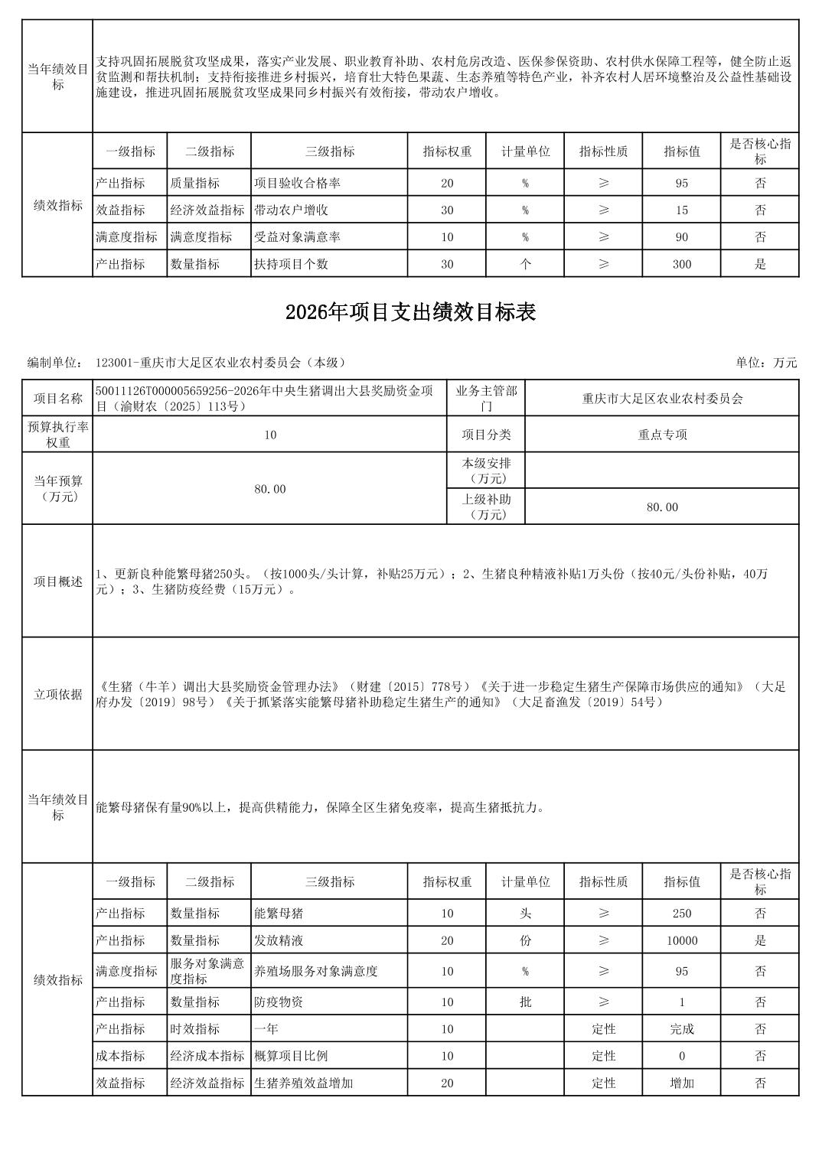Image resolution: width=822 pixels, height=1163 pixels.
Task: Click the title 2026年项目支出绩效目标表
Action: point(410,312)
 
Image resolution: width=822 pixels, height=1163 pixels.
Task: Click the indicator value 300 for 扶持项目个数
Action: point(681,264)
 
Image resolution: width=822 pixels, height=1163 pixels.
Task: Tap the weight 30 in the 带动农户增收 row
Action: point(447,210)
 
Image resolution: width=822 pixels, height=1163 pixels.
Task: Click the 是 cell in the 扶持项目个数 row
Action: point(760,264)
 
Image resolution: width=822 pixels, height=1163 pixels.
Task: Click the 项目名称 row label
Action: point(57,398)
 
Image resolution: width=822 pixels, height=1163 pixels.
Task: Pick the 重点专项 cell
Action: point(662,435)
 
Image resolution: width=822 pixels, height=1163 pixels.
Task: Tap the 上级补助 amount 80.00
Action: point(662,507)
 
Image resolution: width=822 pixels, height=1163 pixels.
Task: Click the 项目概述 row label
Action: point(57,581)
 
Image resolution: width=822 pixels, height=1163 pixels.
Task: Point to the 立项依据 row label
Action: point(57,694)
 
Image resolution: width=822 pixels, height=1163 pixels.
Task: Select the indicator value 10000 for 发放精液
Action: point(681,940)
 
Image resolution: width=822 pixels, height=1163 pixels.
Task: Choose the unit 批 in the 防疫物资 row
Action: point(525,1002)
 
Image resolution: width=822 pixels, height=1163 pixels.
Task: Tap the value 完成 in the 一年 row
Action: point(681,1029)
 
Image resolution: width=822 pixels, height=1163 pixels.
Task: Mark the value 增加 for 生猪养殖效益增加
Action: point(681,1083)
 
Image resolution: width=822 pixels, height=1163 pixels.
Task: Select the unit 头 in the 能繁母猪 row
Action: point(525,913)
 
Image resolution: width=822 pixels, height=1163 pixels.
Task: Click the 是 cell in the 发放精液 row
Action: point(760,940)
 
